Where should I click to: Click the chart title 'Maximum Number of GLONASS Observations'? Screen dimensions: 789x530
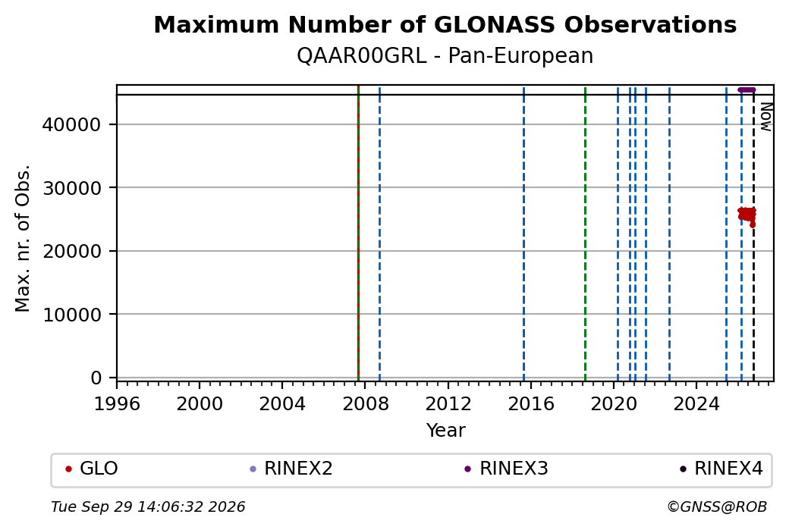(x=445, y=25)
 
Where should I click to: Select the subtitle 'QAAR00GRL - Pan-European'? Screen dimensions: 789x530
(x=445, y=56)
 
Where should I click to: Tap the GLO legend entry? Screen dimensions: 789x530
(x=92, y=469)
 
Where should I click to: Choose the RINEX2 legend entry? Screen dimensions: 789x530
(x=291, y=469)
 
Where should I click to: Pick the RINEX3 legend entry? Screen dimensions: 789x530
(x=506, y=469)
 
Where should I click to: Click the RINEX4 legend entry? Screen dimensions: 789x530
(x=721, y=469)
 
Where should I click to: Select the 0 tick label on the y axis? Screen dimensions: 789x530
(x=96, y=378)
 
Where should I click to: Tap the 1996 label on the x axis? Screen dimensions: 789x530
(x=117, y=404)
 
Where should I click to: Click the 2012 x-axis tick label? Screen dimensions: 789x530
(x=448, y=404)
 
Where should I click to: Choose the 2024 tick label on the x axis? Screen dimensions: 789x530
(x=696, y=404)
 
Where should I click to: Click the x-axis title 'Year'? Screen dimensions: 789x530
(x=445, y=431)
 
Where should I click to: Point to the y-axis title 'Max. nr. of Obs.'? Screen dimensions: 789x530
(x=23, y=238)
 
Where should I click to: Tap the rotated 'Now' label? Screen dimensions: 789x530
(x=765, y=117)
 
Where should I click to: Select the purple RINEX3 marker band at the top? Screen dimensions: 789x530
(x=747, y=90)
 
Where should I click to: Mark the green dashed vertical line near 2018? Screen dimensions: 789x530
(x=585, y=234)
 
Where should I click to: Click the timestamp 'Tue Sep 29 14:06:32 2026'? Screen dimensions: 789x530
(x=148, y=506)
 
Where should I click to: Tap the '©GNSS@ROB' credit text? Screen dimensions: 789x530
(x=717, y=506)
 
